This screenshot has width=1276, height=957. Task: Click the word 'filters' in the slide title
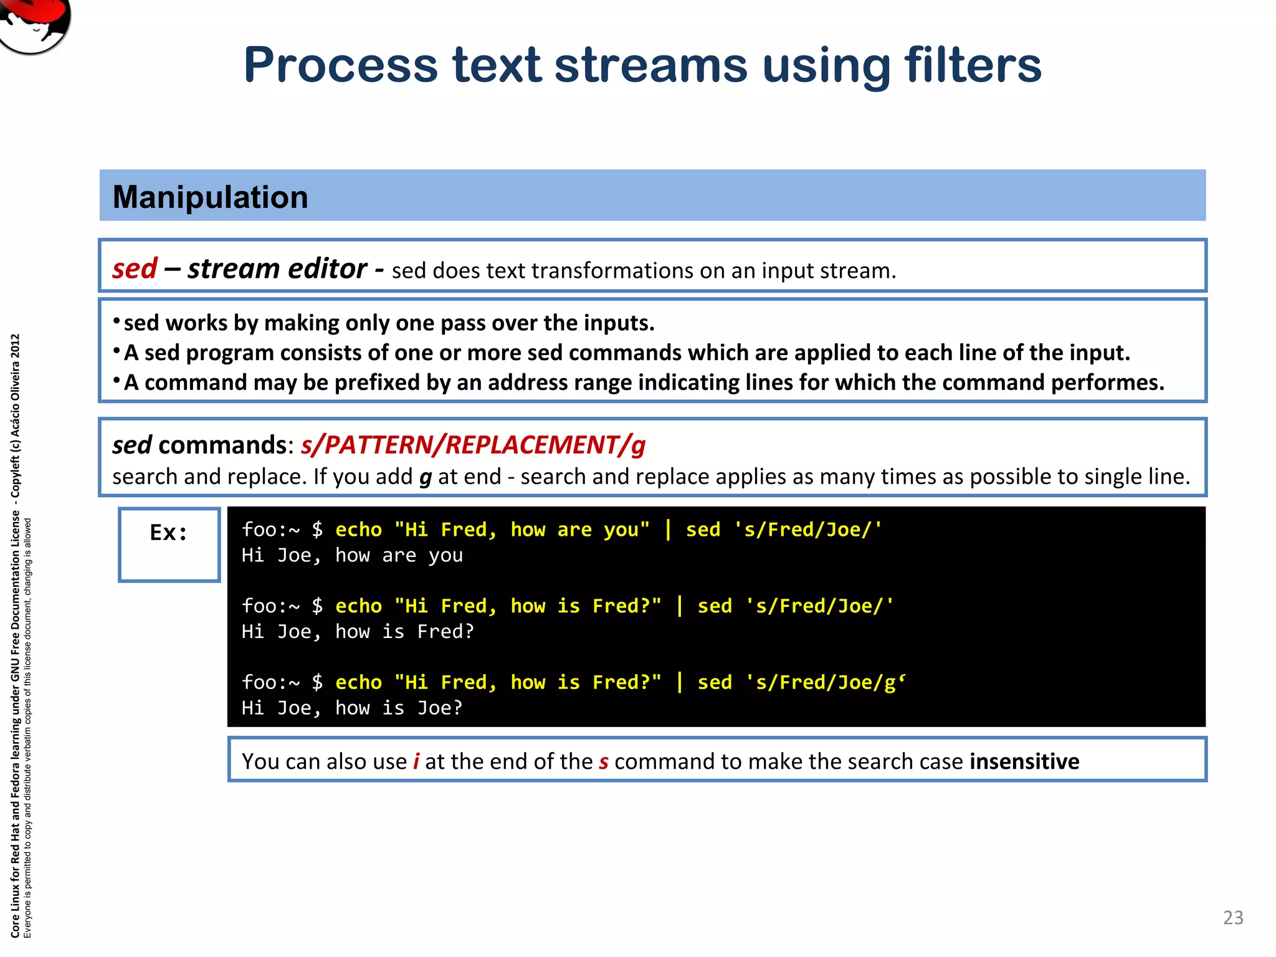click(973, 65)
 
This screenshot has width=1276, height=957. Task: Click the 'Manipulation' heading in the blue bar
click(210, 197)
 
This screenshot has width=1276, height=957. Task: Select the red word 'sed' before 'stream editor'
click(135, 269)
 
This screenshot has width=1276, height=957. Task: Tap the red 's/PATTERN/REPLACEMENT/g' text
click(473, 445)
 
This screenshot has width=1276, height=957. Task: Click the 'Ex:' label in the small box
click(168, 533)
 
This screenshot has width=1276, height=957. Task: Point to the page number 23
click(1233, 917)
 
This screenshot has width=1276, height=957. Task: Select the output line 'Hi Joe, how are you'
click(352, 555)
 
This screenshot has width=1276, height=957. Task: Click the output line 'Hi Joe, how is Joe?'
click(352, 708)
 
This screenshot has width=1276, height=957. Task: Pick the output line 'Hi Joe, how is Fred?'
click(358, 632)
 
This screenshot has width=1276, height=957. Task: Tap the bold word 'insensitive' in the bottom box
click(1024, 761)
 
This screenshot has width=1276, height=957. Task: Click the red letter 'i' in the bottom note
click(416, 761)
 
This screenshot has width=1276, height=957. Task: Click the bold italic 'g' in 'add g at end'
click(426, 477)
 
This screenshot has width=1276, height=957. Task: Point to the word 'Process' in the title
click(341, 65)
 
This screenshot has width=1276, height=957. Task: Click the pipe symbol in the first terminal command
click(668, 530)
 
